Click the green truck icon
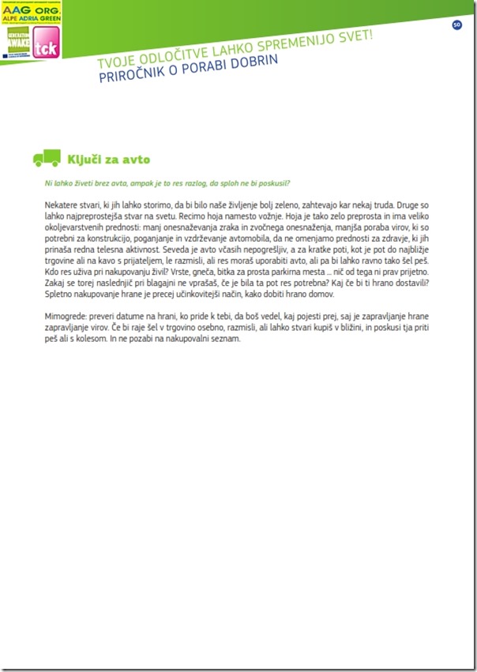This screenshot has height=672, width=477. (x=47, y=158)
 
